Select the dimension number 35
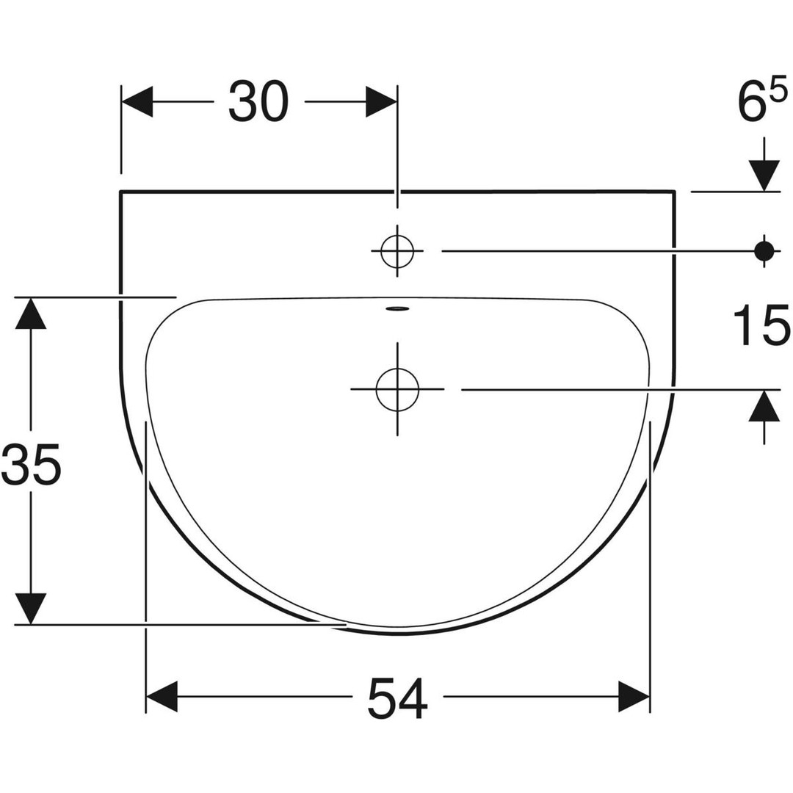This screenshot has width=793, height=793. click(32, 463)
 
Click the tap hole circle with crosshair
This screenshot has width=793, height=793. click(397, 251)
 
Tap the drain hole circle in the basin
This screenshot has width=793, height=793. click(397, 389)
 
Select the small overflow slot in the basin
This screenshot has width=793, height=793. click(397, 308)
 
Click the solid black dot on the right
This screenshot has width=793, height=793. click(764, 251)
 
